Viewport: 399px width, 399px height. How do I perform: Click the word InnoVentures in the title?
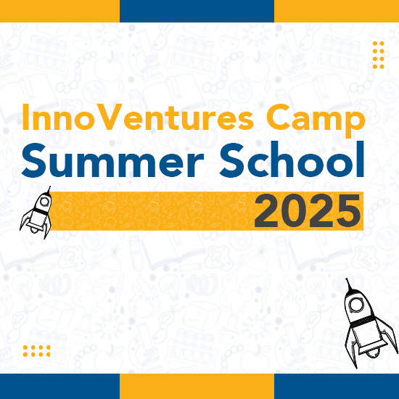pyautogui.click(x=138, y=117)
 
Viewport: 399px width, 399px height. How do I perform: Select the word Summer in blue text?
pyautogui.click(x=113, y=160)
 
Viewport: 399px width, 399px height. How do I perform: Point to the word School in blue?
pyautogui.click(x=292, y=160)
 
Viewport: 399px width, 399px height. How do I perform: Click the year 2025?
pyautogui.click(x=308, y=210)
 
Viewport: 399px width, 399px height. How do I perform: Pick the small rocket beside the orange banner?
pyautogui.click(x=36, y=213)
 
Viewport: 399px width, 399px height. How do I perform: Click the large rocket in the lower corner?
pyautogui.click(x=370, y=323)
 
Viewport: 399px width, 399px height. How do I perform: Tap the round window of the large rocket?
pyautogui.click(x=355, y=305)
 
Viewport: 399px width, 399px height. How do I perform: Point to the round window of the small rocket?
pyautogui.click(x=45, y=202)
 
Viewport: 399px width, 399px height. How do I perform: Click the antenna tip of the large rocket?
pyautogui.click(x=346, y=279)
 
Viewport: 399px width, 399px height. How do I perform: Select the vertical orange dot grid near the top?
pyautogui.click(x=379, y=55)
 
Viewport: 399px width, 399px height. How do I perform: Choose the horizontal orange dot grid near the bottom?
pyautogui.click(x=36, y=351)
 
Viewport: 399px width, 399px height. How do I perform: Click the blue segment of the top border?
pyautogui.click(x=197, y=11)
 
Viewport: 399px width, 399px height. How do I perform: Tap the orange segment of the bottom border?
pyautogui.click(x=197, y=386)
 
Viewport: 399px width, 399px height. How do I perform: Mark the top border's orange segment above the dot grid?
pyautogui.click(x=337, y=11)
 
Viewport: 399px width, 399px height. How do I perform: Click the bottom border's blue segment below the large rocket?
pyautogui.click(x=337, y=386)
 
